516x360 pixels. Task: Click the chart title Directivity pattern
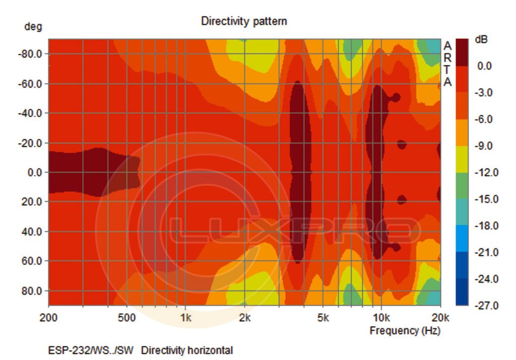tap(244, 21)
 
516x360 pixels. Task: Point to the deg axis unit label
tap(33, 27)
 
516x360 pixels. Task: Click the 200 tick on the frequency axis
tap(48, 318)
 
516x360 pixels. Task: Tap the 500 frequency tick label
tap(126, 318)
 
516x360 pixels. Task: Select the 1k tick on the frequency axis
tap(185, 318)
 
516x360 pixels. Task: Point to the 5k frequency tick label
tap(323, 318)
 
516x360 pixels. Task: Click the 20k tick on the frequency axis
tap(440, 318)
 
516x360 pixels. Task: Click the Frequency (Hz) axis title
tap(405, 331)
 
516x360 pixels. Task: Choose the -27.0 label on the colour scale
tap(487, 306)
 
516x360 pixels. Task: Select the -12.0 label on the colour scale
tap(487, 173)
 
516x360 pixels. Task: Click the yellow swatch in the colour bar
tap(462, 159)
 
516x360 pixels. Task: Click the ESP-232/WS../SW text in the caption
tap(91, 350)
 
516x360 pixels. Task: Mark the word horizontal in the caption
tap(212, 350)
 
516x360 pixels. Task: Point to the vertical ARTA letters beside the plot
tap(447, 63)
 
